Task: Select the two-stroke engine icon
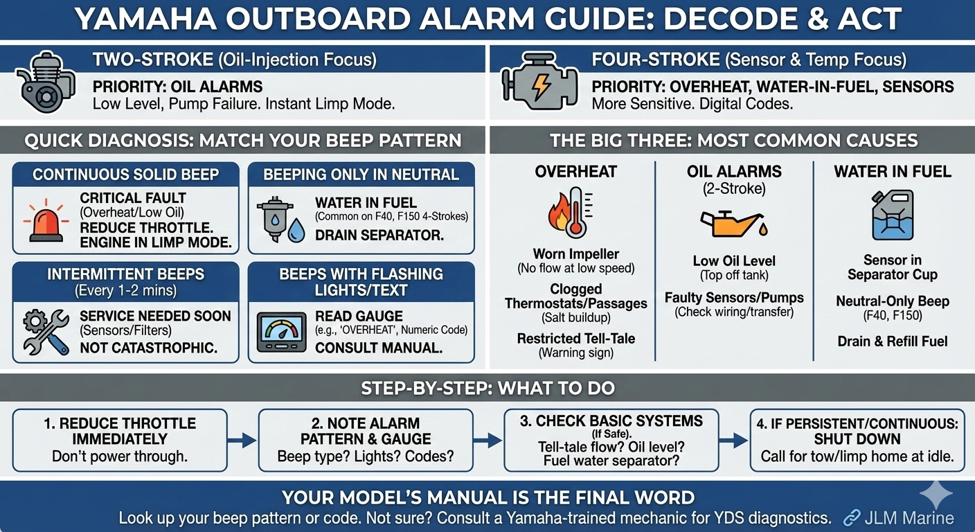45,82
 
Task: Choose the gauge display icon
281,332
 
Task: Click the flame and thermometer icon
570,213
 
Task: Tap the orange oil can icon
734,223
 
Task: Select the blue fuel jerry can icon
893,215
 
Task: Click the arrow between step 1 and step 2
242,440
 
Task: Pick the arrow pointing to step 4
734,440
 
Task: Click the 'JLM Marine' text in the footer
909,518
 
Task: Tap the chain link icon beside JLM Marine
852,517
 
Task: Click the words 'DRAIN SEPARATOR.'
379,235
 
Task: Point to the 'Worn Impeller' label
576,254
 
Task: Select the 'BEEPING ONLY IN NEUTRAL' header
361,175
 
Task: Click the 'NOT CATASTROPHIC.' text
148,348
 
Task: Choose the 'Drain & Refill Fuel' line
893,342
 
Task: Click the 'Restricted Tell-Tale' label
576,338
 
